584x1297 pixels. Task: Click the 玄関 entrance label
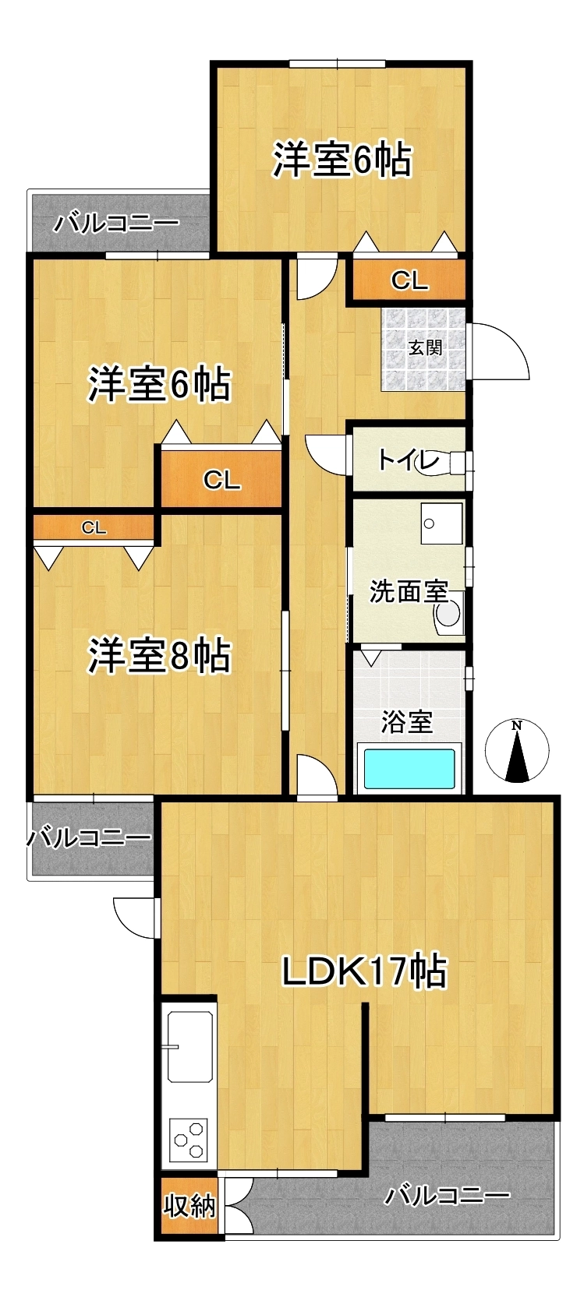(426, 347)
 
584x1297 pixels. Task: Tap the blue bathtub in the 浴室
(409, 768)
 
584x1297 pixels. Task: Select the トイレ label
(409, 461)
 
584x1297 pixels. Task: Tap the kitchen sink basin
(190, 1048)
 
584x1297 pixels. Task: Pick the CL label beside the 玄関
(409, 280)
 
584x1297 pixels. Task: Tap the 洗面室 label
(409, 592)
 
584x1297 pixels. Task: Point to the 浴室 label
(407, 722)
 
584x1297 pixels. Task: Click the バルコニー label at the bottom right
(448, 1196)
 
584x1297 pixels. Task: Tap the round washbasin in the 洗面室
(448, 615)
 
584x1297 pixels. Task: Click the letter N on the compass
(518, 725)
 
